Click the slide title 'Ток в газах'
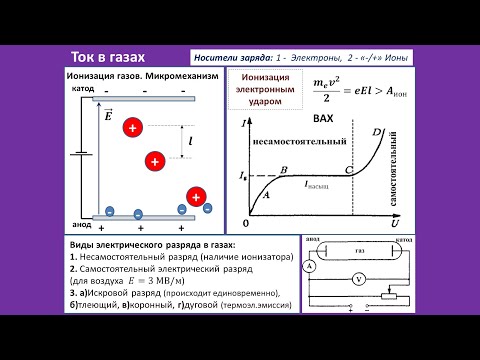pyautogui.click(x=110, y=58)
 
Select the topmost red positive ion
pyautogui.click(x=133, y=127)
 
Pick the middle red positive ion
pyautogui.click(x=154, y=160)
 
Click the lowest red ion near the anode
pyautogui.click(x=197, y=196)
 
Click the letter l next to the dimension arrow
pyautogui.click(x=190, y=144)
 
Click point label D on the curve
pyautogui.click(x=376, y=133)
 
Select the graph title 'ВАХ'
pyautogui.click(x=322, y=118)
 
